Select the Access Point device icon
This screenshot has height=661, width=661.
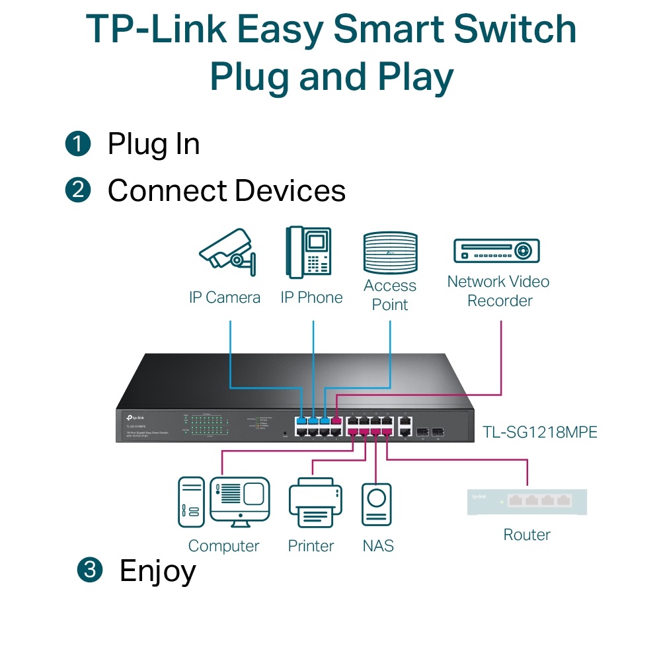pyautogui.click(x=390, y=253)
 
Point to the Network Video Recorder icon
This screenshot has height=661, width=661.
pyautogui.click(x=496, y=251)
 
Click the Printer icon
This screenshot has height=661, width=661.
pyautogui.click(x=315, y=506)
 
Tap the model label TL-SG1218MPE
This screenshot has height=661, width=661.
pyautogui.click(x=539, y=432)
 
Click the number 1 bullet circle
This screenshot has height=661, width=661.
pyautogui.click(x=78, y=143)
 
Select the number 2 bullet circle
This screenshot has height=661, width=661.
pyautogui.click(x=78, y=190)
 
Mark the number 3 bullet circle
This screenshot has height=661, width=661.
pyautogui.click(x=90, y=570)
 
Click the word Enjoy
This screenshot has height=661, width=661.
pyautogui.click(x=157, y=571)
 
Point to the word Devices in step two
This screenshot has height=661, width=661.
pyautogui.click(x=290, y=191)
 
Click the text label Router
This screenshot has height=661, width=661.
pyautogui.click(x=527, y=535)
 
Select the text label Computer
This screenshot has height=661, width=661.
pyautogui.click(x=223, y=546)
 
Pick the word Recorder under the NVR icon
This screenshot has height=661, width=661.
pyautogui.click(x=500, y=301)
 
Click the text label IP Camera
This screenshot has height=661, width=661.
pyautogui.click(x=225, y=297)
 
